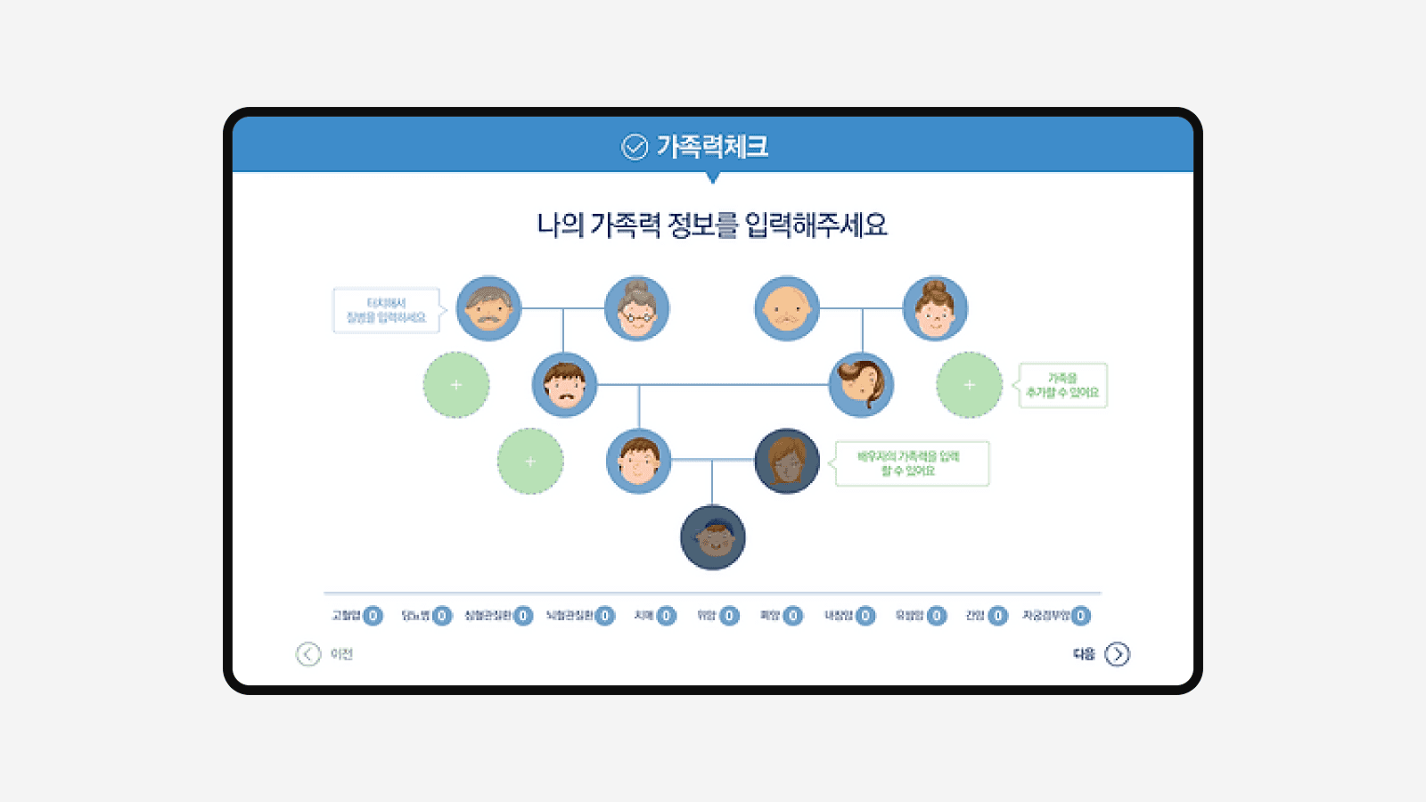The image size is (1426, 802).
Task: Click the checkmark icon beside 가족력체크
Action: pyautogui.click(x=635, y=146)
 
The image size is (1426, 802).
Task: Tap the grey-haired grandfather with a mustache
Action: pyautogui.click(x=488, y=308)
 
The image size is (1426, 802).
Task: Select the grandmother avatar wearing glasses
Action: pyautogui.click(x=637, y=308)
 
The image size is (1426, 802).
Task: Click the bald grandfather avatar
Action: pyautogui.click(x=787, y=308)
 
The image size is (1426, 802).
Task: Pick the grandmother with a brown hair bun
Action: pyautogui.click(x=935, y=308)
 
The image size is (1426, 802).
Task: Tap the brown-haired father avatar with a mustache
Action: pyautogui.click(x=564, y=385)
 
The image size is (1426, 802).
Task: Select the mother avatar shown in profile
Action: pyautogui.click(x=861, y=385)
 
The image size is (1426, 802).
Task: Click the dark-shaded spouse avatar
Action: pyautogui.click(x=787, y=461)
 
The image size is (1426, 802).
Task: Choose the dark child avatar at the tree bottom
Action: pyautogui.click(x=713, y=537)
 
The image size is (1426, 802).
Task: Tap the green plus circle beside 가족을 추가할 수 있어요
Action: pyautogui.click(x=970, y=385)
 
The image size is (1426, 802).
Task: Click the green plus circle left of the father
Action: pyautogui.click(x=456, y=385)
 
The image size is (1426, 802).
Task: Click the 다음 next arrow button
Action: pyautogui.click(x=1117, y=654)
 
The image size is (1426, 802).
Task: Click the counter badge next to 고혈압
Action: pyautogui.click(x=373, y=616)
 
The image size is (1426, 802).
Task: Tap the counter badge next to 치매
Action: pyautogui.click(x=666, y=616)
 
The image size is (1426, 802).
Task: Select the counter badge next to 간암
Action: pyautogui.click(x=998, y=616)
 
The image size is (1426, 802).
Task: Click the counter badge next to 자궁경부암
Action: pyautogui.click(x=1081, y=616)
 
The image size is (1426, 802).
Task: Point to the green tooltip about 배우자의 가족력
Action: pyautogui.click(x=912, y=463)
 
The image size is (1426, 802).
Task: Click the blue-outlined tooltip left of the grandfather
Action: pyautogui.click(x=387, y=310)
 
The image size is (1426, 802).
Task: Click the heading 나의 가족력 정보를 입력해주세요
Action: pyautogui.click(x=712, y=225)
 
